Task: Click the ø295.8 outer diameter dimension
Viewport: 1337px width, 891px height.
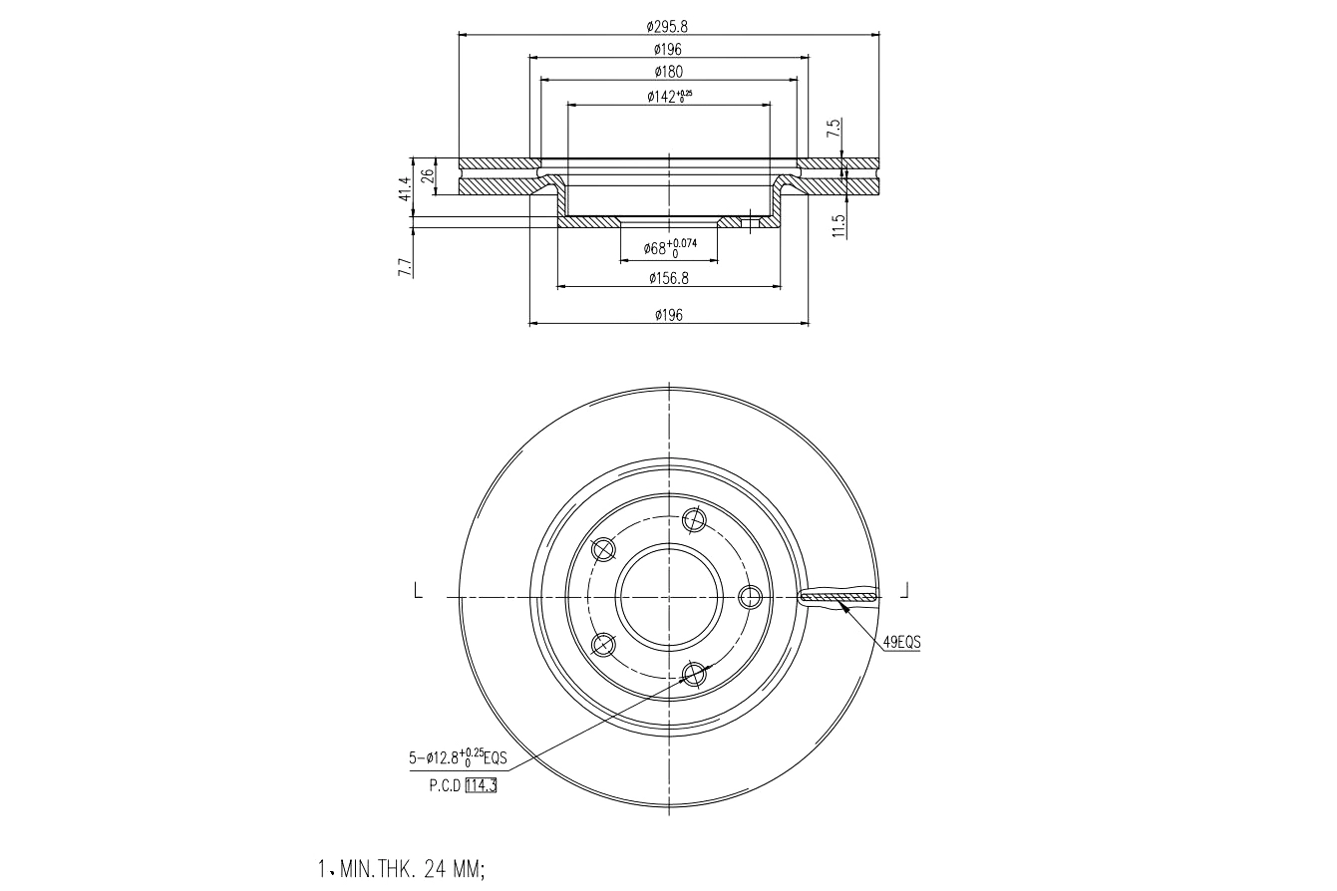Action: click(667, 26)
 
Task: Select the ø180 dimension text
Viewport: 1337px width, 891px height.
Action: click(668, 71)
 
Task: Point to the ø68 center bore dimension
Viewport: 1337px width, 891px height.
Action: click(668, 248)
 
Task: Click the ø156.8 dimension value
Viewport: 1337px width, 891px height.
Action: click(668, 278)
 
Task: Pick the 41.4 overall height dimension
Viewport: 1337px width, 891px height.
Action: click(405, 189)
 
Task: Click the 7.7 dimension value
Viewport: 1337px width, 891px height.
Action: click(405, 266)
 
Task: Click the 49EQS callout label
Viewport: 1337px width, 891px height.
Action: click(901, 643)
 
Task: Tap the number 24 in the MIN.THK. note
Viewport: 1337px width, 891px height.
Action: click(435, 869)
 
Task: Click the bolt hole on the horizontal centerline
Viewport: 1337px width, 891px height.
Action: click(751, 596)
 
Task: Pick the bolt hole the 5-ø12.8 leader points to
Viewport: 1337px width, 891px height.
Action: click(694, 675)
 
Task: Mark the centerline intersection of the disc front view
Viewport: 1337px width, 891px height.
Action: click(668, 596)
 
